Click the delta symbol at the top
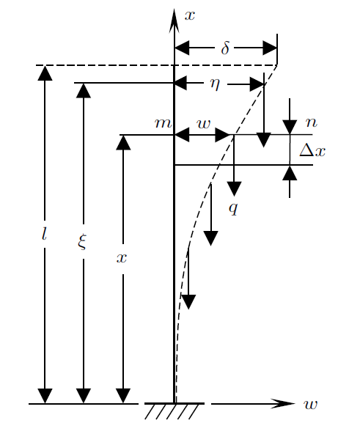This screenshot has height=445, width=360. (225, 48)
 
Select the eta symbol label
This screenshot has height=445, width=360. (215, 84)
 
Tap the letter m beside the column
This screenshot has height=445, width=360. (163, 123)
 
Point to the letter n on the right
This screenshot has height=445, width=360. (312, 122)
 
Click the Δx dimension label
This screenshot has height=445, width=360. (312, 150)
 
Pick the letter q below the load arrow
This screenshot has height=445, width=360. (233, 209)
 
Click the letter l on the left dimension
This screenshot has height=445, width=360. (44, 235)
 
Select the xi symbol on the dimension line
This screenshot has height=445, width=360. (82, 241)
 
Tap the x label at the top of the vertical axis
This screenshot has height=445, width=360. (190, 15)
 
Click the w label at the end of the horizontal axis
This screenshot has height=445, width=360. (310, 404)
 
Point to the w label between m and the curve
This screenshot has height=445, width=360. (204, 124)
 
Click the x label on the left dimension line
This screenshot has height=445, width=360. (122, 258)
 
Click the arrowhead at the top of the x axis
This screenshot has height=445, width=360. (174, 21)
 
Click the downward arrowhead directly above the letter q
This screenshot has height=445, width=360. (234, 188)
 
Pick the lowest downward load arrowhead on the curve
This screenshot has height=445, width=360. (188, 302)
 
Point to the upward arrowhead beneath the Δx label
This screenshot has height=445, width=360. (290, 172)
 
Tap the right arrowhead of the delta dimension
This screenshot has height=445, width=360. (270, 48)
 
